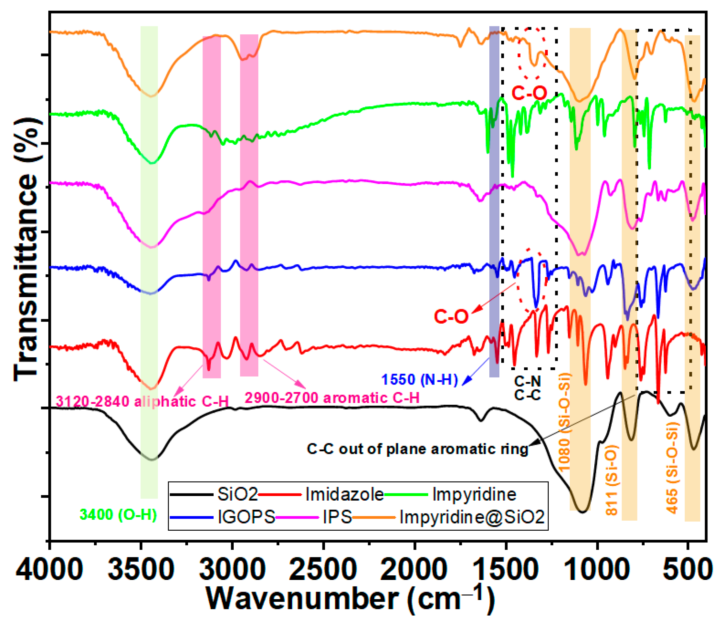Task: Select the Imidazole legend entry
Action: tap(344, 494)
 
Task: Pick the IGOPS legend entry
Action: tap(246, 517)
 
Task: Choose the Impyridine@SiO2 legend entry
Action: tap(472, 517)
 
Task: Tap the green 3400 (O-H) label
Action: tap(118, 514)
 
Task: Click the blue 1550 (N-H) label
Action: tap(419, 379)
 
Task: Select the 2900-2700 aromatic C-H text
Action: tap(332, 398)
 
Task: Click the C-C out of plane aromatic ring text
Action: tap(417, 449)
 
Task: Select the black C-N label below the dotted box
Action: tap(527, 381)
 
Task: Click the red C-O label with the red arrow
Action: tap(451, 316)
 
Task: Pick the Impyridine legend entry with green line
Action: tap(474, 494)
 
